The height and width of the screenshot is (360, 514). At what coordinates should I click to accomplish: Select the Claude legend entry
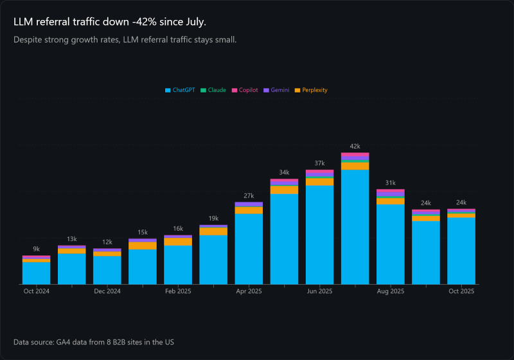tap(213, 91)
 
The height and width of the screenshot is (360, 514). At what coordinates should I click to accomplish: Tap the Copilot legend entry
tap(245, 91)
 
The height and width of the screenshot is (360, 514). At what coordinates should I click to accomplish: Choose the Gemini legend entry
tap(276, 91)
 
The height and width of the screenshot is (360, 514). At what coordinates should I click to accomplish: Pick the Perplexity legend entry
tap(311, 91)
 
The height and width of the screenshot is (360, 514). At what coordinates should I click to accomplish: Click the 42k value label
tap(355, 146)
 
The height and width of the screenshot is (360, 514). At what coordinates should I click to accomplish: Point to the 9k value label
tap(36, 249)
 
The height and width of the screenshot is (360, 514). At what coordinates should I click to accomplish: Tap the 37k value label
tap(319, 163)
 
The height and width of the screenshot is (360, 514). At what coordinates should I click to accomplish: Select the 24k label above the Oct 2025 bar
tap(461, 203)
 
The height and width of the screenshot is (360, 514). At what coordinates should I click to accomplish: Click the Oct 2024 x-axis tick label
tap(36, 291)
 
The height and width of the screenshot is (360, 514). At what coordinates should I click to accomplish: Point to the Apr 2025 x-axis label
tap(249, 291)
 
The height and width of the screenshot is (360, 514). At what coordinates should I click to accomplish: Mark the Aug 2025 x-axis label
tap(390, 291)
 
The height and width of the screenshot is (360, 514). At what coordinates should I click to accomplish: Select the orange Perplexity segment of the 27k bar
tap(249, 210)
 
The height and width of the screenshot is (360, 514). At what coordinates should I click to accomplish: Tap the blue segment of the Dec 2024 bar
tap(107, 270)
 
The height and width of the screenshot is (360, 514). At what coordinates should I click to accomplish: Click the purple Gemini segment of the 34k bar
tap(284, 183)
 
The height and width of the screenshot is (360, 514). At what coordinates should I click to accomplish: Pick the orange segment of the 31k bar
tap(390, 201)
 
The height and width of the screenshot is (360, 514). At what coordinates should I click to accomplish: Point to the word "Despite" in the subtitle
tap(28, 40)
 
